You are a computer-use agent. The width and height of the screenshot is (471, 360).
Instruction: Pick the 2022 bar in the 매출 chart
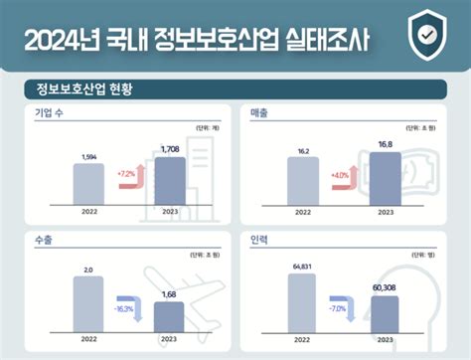pos(303,181)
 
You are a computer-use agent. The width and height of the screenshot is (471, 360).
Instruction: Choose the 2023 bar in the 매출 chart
pos(386,179)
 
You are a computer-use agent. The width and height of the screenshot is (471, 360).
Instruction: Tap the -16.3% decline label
pos(125,309)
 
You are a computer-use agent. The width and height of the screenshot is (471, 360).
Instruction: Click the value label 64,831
pos(302,266)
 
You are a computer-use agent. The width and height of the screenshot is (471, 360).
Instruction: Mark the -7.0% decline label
pos(340,310)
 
